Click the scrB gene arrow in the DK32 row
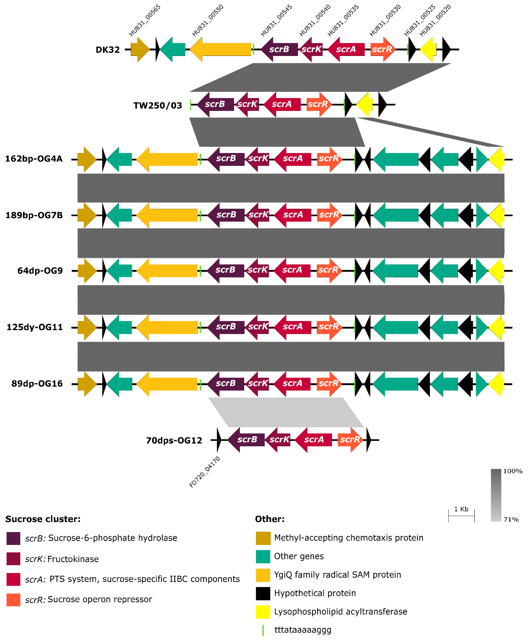(x=279, y=49)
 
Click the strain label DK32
(x=108, y=50)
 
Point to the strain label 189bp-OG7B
(x=34, y=215)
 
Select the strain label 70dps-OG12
(x=174, y=440)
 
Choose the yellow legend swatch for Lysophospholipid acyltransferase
(x=263, y=612)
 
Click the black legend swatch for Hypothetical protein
(x=263, y=593)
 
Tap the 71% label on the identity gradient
(x=511, y=519)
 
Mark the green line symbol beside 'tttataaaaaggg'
(x=263, y=630)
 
